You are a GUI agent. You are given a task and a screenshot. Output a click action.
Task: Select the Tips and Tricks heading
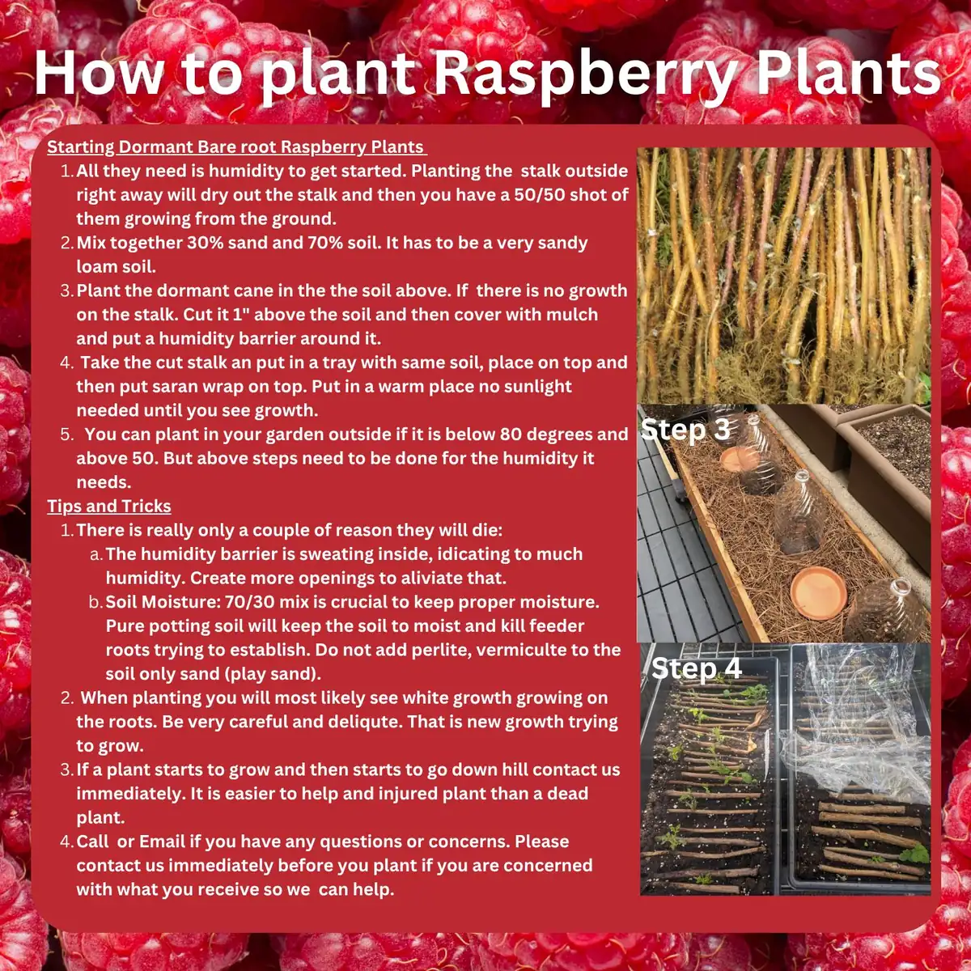(109, 507)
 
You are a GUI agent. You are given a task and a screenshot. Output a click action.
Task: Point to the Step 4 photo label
(696, 668)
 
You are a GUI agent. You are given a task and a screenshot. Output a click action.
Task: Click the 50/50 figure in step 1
(545, 195)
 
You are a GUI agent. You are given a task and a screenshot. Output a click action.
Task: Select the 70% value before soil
(326, 243)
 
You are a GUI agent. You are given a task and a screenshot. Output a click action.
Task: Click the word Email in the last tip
(162, 842)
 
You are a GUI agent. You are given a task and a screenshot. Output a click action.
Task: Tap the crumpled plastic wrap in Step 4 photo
(858, 753)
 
